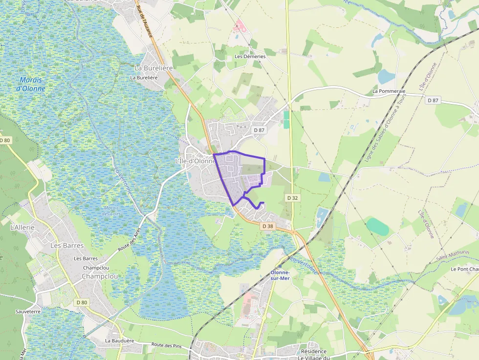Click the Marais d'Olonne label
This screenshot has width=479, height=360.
pyautogui.click(x=30, y=84)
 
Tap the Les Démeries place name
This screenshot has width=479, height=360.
pyautogui.click(x=250, y=57)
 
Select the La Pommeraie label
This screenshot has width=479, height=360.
pyautogui.click(x=389, y=91)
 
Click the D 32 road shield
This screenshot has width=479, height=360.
pyautogui.click(x=292, y=198)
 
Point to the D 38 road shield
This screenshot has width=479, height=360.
pyautogui.click(x=267, y=226)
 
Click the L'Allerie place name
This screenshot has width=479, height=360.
pyautogui.click(x=22, y=227)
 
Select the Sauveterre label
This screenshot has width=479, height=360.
pyautogui.click(x=27, y=311)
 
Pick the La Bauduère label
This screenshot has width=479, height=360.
pyautogui.click(x=120, y=341)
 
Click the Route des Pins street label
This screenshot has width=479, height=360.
pyautogui.click(x=166, y=346)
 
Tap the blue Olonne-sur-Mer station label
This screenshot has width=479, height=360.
pyautogui.click(x=280, y=275)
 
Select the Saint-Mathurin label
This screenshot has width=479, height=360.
pyautogui.click(x=453, y=254)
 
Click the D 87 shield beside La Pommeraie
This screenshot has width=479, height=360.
pyautogui.click(x=433, y=100)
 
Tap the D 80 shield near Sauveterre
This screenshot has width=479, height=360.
pyautogui.click(x=82, y=302)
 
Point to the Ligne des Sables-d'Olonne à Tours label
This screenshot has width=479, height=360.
pyautogui.click(x=386, y=128)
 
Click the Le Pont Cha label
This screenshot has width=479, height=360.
pyautogui.click(x=464, y=269)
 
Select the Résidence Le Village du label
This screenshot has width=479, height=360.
pyautogui.click(x=314, y=355)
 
